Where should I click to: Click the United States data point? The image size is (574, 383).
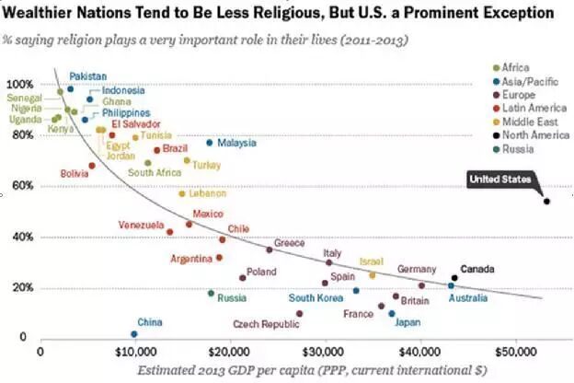tap(546, 201)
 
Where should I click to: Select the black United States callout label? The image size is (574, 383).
tap(501, 180)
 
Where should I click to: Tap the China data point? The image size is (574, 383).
tap(134, 334)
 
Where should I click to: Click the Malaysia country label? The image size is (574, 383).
tap(236, 143)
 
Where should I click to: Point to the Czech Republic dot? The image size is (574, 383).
tap(300, 314)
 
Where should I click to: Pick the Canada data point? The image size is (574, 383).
tap(454, 278)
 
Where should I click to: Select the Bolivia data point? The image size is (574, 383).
tap(92, 166)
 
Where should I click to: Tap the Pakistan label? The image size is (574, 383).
tap(87, 76)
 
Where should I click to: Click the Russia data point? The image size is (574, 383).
tap(211, 293)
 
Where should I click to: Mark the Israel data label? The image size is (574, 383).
tap(371, 261)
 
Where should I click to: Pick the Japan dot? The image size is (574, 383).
tap(392, 313)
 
